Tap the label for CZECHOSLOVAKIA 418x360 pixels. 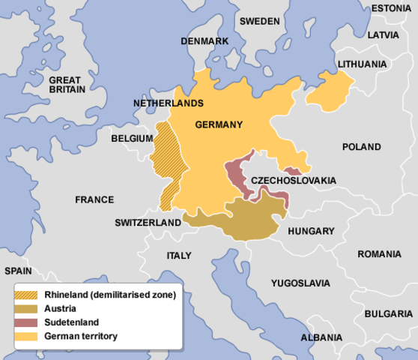click(293, 181)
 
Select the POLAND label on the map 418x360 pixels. click(361, 147)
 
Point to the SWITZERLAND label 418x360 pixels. click(148, 223)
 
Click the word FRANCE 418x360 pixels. click(94, 199)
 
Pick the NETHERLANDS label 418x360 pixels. click(168, 102)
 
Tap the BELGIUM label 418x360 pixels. click(132, 139)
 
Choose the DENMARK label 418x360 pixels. click(204, 40)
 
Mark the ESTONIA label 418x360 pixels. click(391, 8)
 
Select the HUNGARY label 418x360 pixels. click(310, 231)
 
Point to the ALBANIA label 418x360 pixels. click(321, 338)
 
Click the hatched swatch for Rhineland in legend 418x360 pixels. click(29, 295)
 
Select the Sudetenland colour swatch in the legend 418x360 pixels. click(29, 322)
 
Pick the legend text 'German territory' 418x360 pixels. click(81, 336)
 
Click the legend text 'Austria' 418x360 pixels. click(60, 309)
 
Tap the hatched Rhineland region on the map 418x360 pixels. click(166, 161)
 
